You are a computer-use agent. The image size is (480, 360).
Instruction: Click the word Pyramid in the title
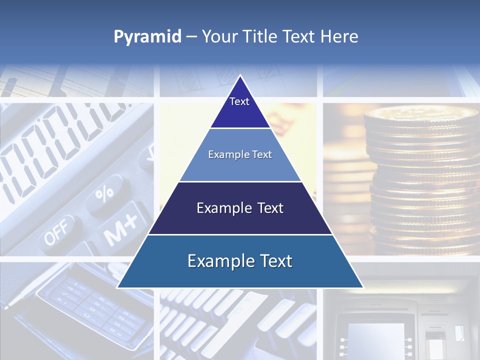point(147,37)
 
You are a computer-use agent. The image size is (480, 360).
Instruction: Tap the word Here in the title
point(340,36)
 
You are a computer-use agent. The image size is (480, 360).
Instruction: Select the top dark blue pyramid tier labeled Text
point(240,107)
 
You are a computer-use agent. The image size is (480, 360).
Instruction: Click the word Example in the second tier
point(226,155)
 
